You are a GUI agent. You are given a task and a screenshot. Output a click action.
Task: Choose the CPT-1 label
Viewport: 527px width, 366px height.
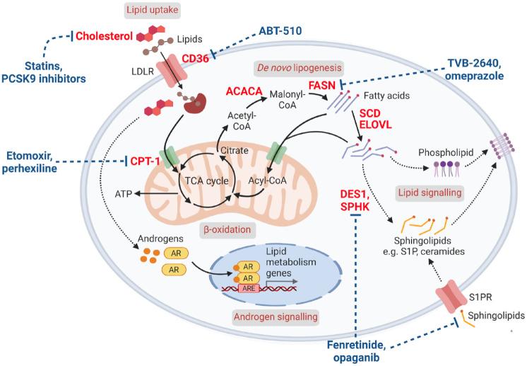[x=146, y=161]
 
